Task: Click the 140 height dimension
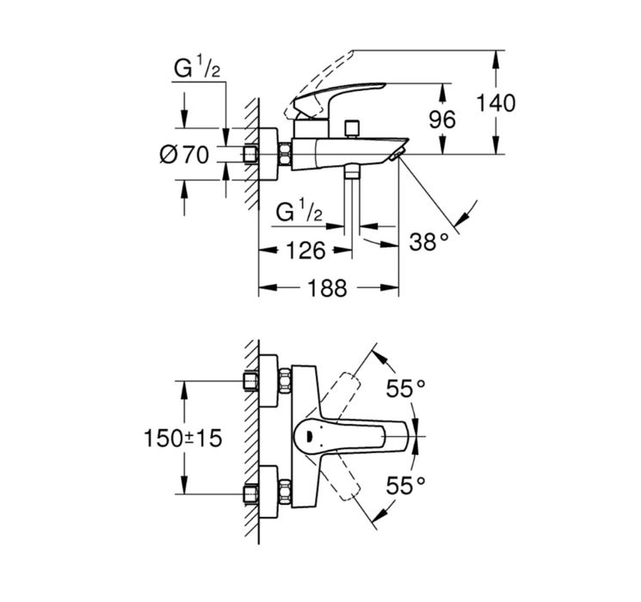pyautogui.click(x=496, y=103)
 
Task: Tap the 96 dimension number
pyautogui.click(x=442, y=120)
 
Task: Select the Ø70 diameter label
pyautogui.click(x=184, y=156)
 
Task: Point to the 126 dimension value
pyautogui.click(x=305, y=250)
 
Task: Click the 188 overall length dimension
pyautogui.click(x=327, y=288)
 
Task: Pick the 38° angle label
pyautogui.click(x=428, y=242)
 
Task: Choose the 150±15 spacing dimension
pyautogui.click(x=182, y=439)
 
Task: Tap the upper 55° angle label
pyautogui.click(x=406, y=389)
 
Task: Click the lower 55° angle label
pyautogui.click(x=406, y=486)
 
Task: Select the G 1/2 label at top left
pyautogui.click(x=197, y=67)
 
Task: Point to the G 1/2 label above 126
pyautogui.click(x=299, y=211)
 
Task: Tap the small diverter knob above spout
pyautogui.click(x=352, y=129)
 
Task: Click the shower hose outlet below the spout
pyautogui.click(x=352, y=170)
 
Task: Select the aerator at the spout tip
pyautogui.click(x=396, y=155)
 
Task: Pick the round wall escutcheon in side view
pyautogui.click(x=268, y=154)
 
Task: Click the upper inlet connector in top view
pyautogui.click(x=250, y=381)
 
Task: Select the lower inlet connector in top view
pyautogui.click(x=250, y=494)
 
